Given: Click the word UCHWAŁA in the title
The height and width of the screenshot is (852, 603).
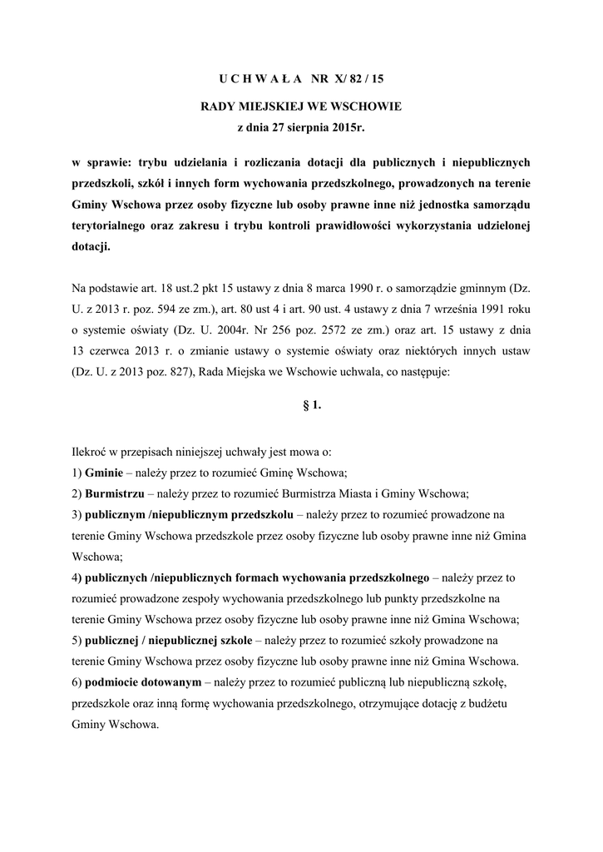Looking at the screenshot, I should click(260, 80).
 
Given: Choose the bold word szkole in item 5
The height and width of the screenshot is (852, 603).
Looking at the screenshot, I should click(235, 640).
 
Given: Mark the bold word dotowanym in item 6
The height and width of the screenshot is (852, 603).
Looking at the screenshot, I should click(171, 682).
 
